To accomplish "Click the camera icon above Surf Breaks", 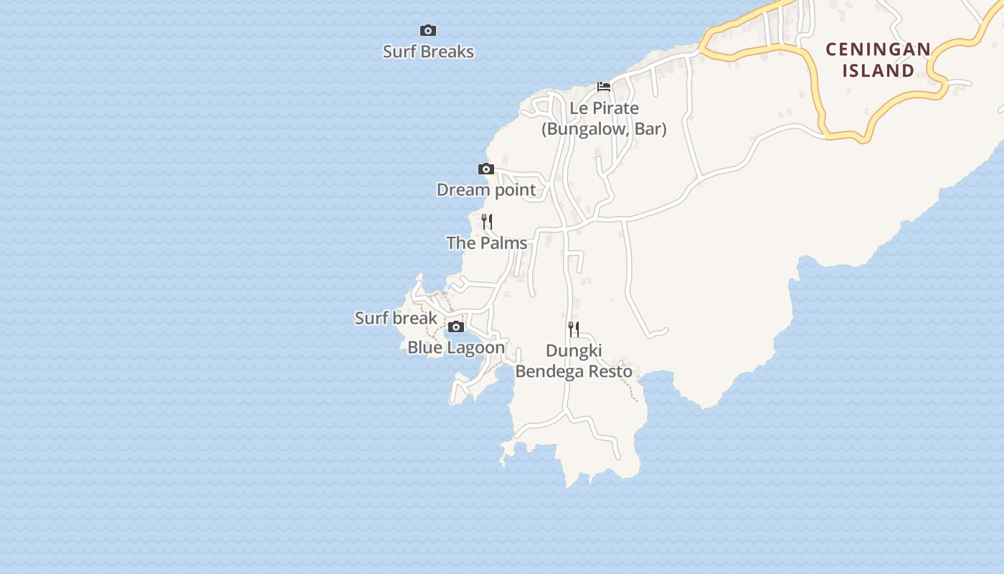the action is pos(428,30).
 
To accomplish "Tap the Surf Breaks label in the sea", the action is pos(428,52).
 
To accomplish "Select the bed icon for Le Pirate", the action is pos(604,87).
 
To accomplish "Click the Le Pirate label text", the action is pos(604,108).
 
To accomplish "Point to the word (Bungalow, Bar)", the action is pos(604,129).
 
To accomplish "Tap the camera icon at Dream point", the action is pos(486,169).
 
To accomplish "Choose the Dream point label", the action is pos(486,190).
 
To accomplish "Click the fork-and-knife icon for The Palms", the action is pos(487,221).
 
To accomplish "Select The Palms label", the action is pos(487,243).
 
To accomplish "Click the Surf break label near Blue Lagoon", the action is pos(396,318).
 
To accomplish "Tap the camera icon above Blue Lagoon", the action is pos(455,327).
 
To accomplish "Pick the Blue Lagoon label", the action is pos(456,348).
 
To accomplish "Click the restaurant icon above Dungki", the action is pos(574,329).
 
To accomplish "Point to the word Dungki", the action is pos(574,351).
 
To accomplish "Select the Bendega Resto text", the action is pos(574,372).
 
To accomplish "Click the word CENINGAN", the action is pos(879,50).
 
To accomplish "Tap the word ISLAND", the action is pos(879,70).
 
